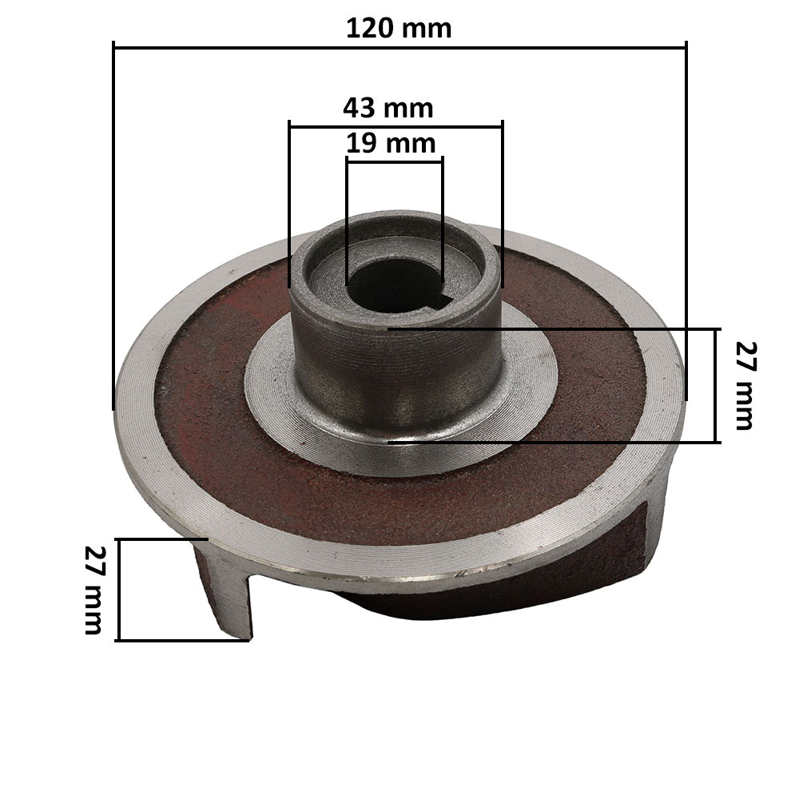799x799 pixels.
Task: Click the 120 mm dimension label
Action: (399, 28)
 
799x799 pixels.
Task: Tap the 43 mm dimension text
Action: (388, 107)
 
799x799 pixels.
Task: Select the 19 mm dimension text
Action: (392, 144)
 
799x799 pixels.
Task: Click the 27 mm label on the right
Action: (744, 386)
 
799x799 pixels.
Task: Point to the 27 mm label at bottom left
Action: (93, 590)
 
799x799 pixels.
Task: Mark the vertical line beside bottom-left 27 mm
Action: (118, 590)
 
